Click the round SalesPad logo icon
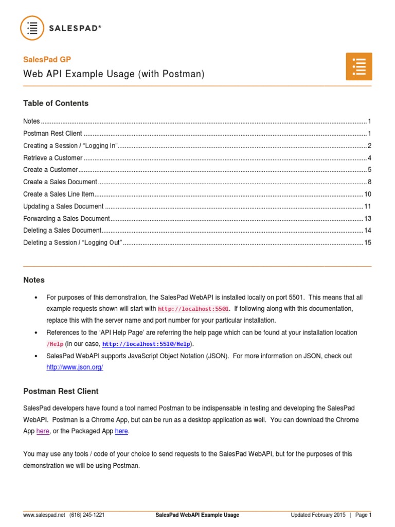[x=32, y=28]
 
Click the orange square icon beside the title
[x=358, y=66]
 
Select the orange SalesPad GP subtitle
[x=47, y=60]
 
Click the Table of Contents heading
[x=56, y=103]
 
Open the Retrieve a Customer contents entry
[x=53, y=158]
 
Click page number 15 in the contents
[x=367, y=242]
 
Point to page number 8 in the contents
[x=369, y=182]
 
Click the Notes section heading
[x=34, y=280]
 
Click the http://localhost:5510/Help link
[x=146, y=344]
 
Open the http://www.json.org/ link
[x=75, y=367]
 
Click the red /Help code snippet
[x=55, y=344]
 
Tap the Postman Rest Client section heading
[x=61, y=391]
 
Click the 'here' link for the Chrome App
[x=43, y=431]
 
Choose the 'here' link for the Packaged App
[x=121, y=431]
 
